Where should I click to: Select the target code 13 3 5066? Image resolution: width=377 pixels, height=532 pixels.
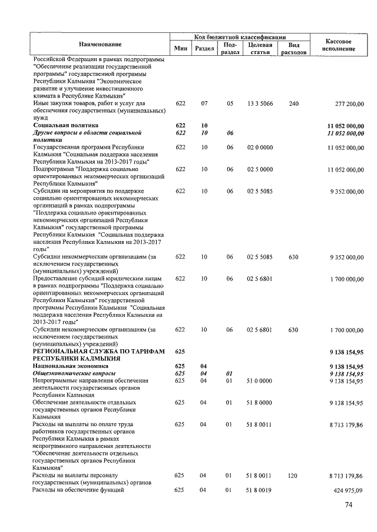(259, 104)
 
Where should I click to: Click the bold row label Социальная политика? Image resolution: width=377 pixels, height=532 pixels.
(65, 126)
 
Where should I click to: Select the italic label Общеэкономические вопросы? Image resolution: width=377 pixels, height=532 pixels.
(73, 373)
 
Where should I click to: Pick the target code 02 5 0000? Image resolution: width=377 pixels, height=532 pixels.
(259, 169)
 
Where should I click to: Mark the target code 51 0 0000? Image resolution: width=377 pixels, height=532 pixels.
(259, 381)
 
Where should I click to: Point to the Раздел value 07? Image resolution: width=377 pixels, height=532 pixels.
(204, 104)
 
